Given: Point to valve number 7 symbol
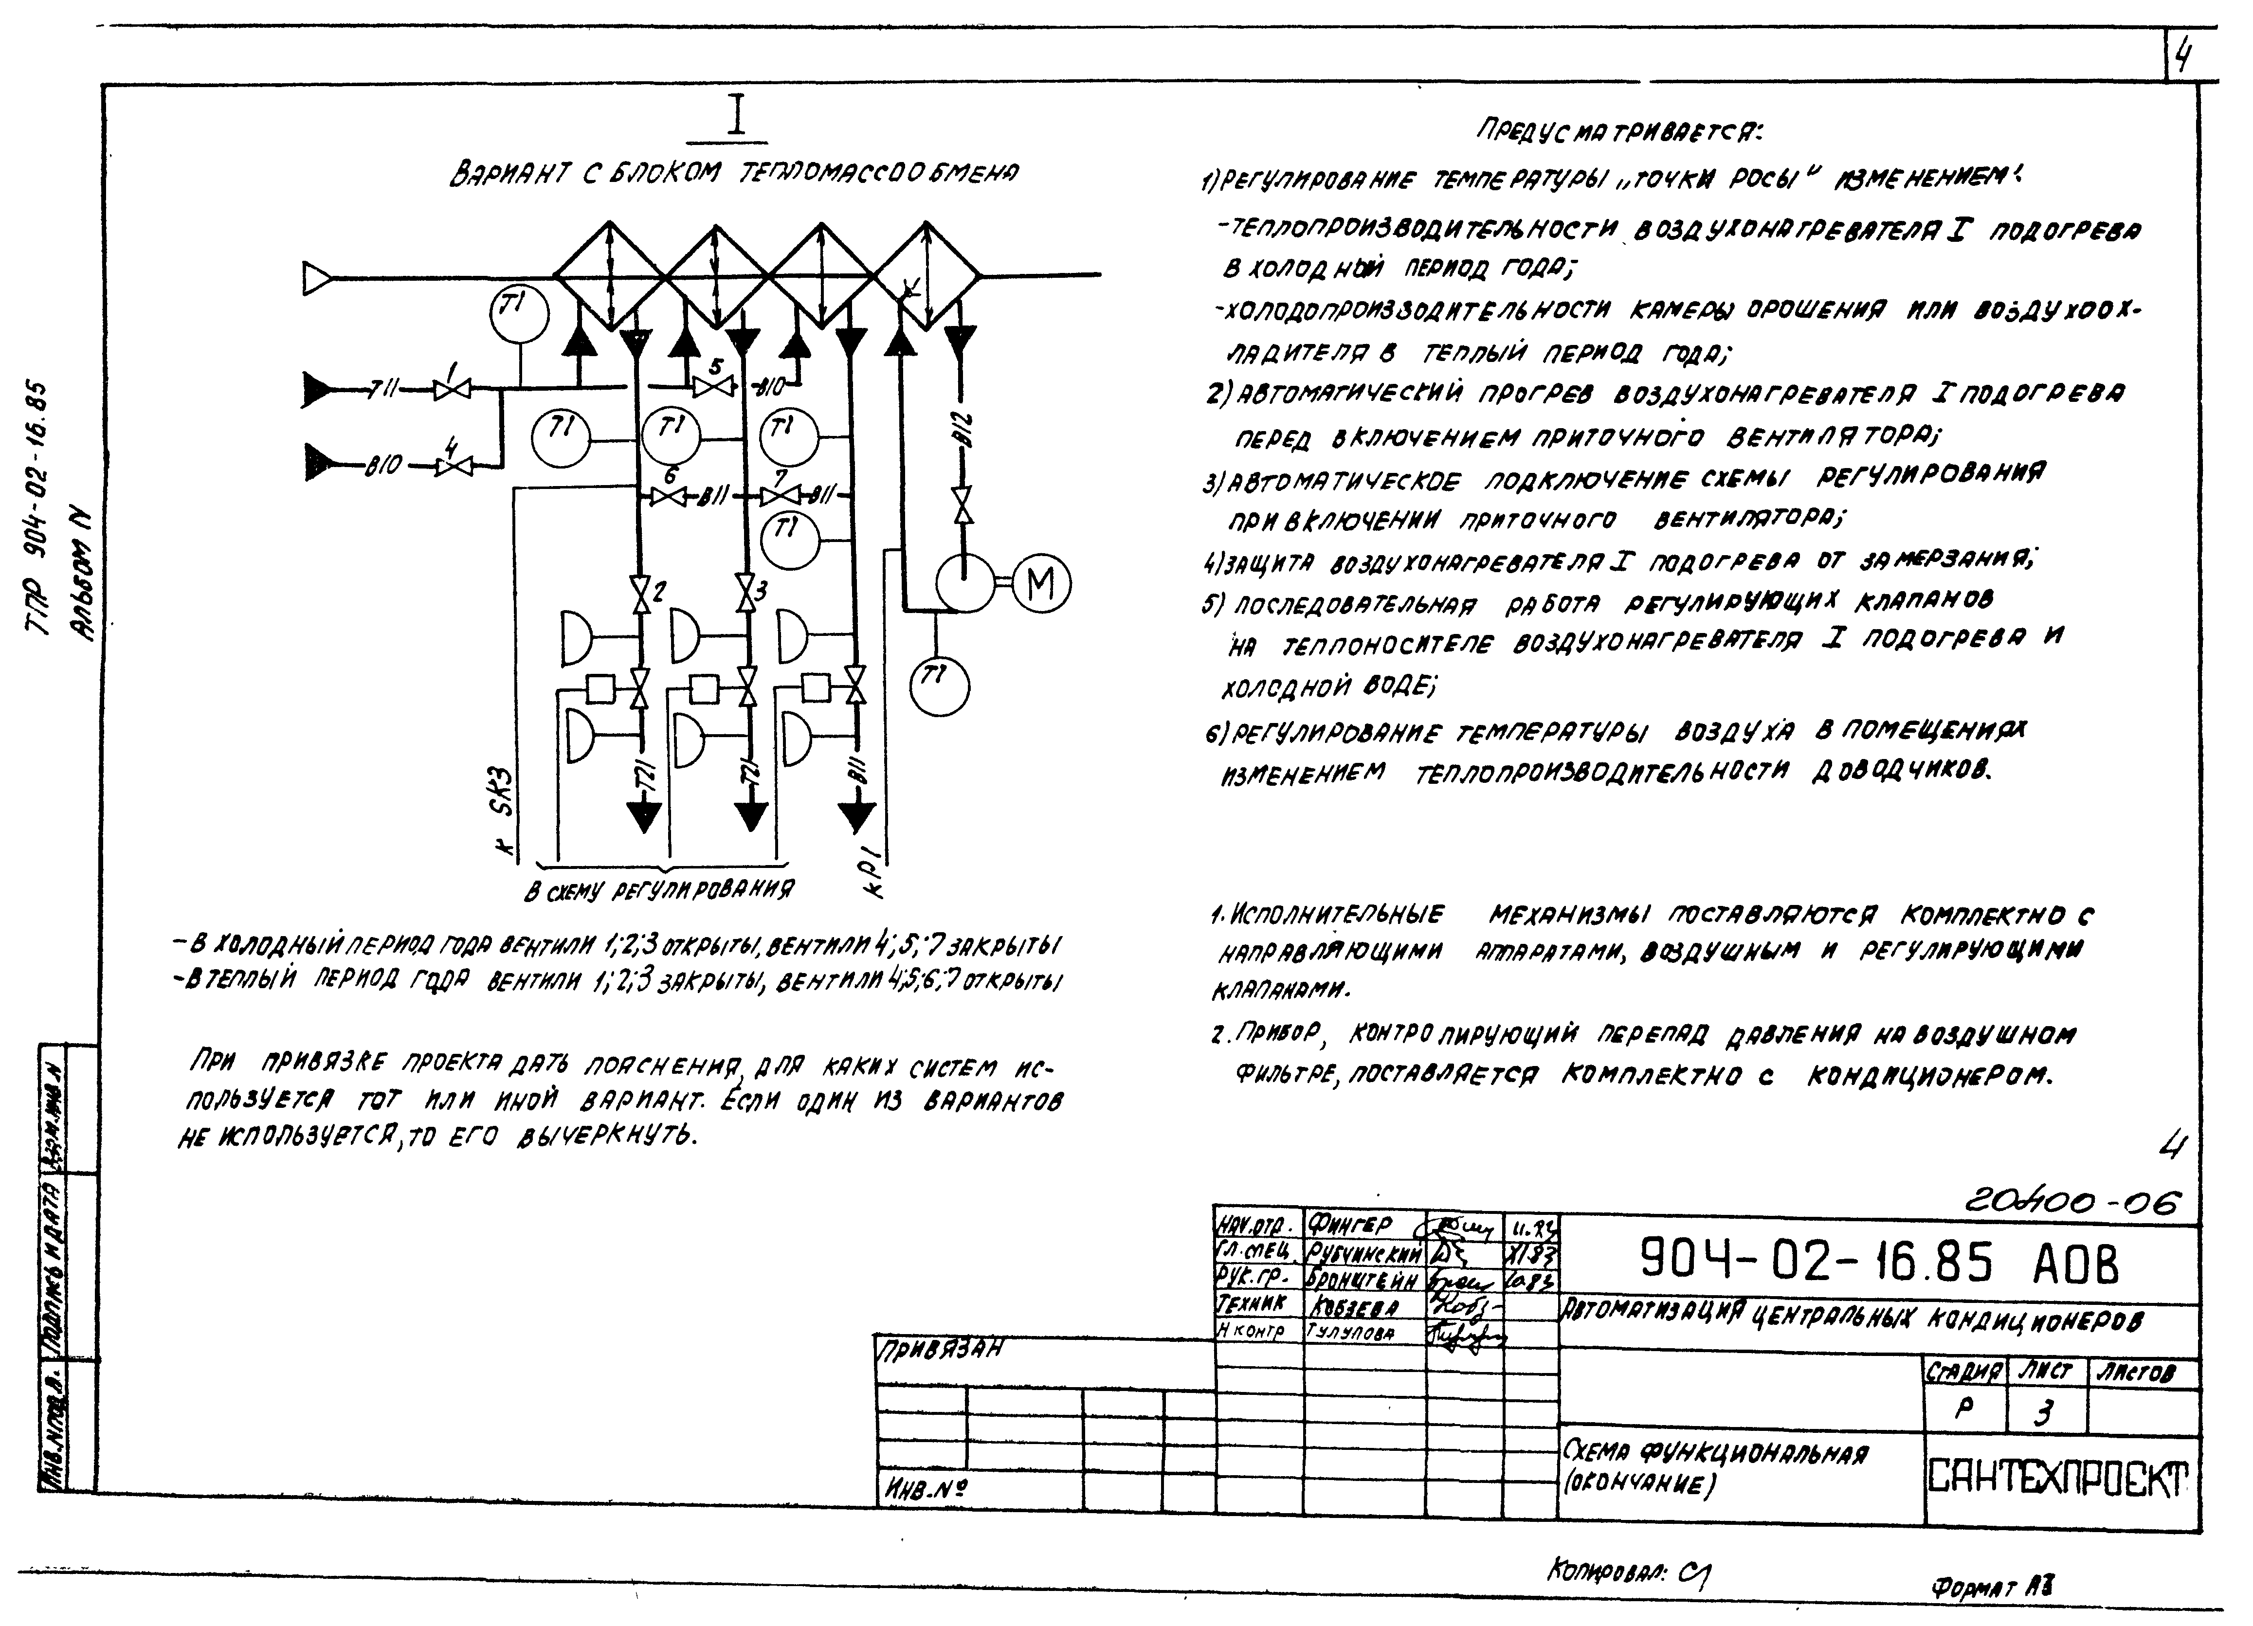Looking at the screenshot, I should (x=781, y=495).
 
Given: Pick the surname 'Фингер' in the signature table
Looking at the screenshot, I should (x=1349, y=1224).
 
